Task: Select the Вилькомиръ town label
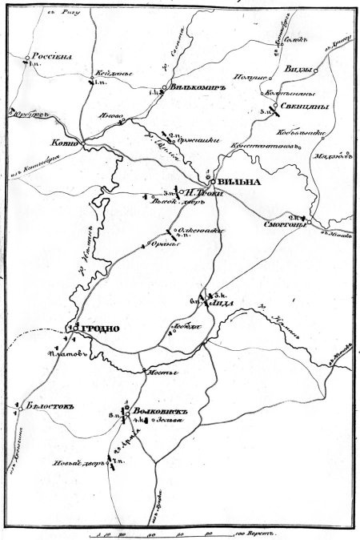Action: (x=197, y=88)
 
